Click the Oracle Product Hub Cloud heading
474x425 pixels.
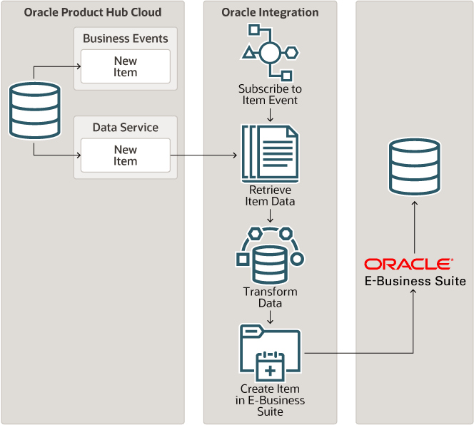pyautogui.click(x=93, y=12)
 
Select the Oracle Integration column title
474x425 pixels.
pyautogui.click(x=270, y=12)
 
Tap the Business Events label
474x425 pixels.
pyautogui.click(x=126, y=39)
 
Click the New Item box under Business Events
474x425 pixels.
pyautogui.click(x=126, y=66)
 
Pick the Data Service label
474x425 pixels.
pyautogui.click(x=126, y=128)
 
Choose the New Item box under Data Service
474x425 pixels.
pyautogui.click(x=126, y=155)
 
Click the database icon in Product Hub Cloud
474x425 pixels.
pyautogui.click(x=33, y=111)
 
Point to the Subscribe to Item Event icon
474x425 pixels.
pyautogui.click(x=270, y=52)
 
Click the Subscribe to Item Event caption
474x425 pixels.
pyautogui.click(x=270, y=95)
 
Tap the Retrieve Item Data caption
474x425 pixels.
pyautogui.click(x=271, y=195)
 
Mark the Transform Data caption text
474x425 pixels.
pyautogui.click(x=270, y=297)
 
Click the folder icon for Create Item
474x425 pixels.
pyautogui.click(x=270, y=354)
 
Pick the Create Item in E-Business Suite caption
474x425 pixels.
pyautogui.click(x=270, y=400)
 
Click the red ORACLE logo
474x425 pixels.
pyautogui.click(x=408, y=264)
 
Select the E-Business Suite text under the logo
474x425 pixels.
pyautogui.click(x=415, y=281)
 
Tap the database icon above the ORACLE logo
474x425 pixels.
pyautogui.click(x=414, y=167)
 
